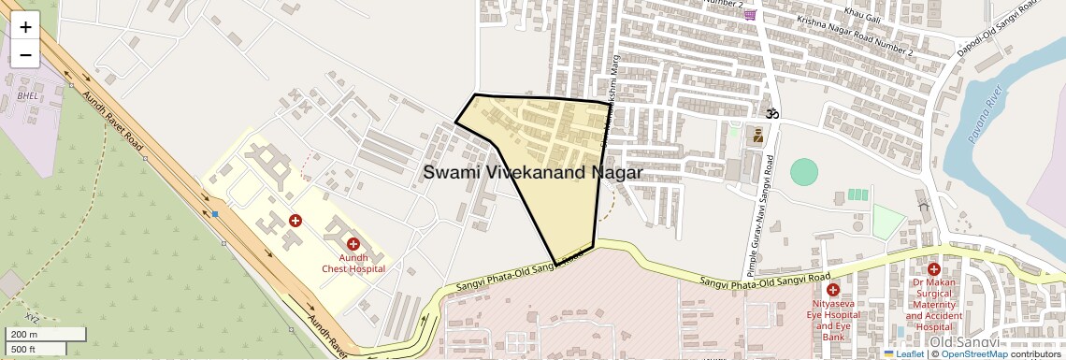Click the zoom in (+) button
(25, 26)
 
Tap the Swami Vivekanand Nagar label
(532, 173)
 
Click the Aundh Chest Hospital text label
(353, 264)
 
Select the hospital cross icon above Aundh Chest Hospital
(353, 244)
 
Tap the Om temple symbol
(772, 113)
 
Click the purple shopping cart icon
(750, 14)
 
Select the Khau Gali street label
(862, 12)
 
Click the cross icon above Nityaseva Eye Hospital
(832, 290)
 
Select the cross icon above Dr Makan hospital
(933, 269)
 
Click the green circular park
(803, 172)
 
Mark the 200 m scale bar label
(23, 334)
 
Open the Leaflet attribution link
(904, 354)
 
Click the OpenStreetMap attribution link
(973, 354)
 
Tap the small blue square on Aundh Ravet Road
(215, 214)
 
